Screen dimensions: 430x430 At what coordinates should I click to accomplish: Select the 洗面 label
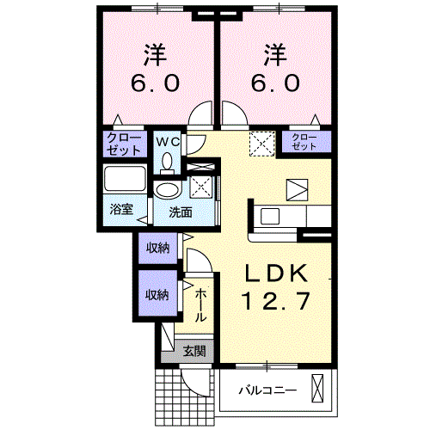[179, 212]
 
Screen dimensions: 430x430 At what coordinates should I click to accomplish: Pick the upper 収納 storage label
[157, 249]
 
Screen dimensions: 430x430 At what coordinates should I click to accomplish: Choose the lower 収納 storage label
[157, 293]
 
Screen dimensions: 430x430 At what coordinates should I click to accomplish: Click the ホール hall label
[200, 305]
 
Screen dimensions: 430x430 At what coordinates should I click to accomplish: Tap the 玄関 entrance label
[195, 350]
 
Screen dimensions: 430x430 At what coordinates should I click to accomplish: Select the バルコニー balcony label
[267, 390]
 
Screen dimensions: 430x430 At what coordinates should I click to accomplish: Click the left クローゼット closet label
[126, 144]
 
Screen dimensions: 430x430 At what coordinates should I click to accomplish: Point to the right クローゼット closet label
[304, 142]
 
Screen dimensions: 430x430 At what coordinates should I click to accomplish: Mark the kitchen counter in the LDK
[279, 217]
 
